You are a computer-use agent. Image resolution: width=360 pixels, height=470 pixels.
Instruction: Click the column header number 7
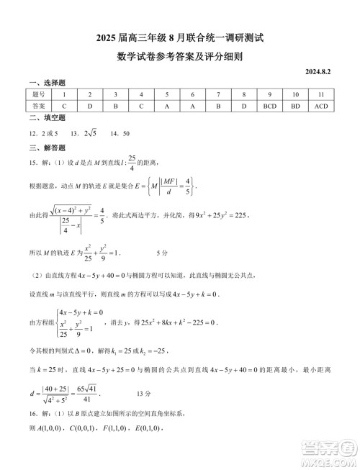click(x=218, y=94)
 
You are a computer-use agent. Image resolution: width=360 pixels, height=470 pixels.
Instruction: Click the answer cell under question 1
click(x=64, y=106)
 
